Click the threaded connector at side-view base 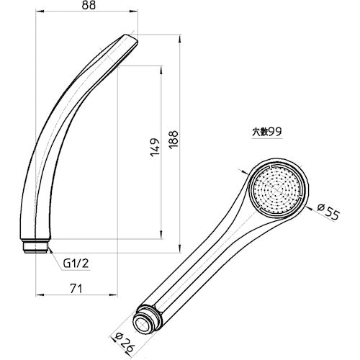coord(36,246)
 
